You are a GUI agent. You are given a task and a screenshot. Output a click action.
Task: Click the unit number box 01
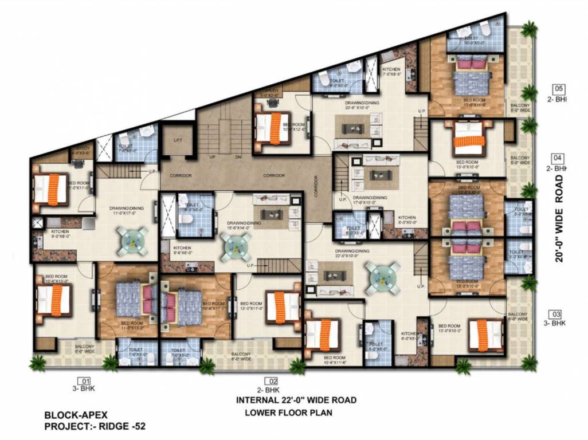[x=85, y=380]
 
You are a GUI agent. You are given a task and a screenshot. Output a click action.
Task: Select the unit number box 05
[x=558, y=89]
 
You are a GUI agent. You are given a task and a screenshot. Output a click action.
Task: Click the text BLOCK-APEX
[x=76, y=415]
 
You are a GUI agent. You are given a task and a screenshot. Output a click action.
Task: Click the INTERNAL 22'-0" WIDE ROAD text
[x=296, y=400]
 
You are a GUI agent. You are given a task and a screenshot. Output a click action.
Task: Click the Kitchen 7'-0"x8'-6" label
[x=394, y=72]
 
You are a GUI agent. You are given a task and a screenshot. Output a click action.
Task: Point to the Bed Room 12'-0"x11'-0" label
[x=252, y=306]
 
